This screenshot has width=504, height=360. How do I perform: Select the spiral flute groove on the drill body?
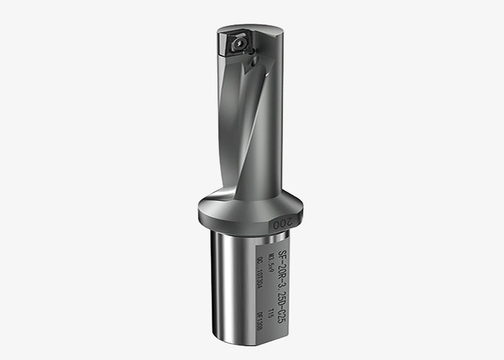238,130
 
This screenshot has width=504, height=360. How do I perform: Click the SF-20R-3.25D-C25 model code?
282,284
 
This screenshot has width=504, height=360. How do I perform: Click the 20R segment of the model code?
282,266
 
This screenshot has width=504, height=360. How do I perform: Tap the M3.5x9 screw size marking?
271,262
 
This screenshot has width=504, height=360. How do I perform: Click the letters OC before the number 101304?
260,264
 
